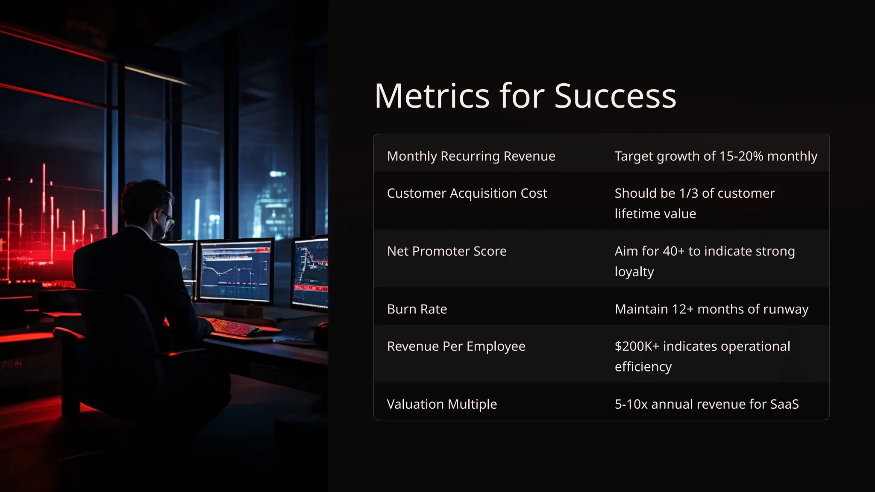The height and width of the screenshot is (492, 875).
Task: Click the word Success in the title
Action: click(615, 96)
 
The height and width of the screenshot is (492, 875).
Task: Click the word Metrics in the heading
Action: click(432, 96)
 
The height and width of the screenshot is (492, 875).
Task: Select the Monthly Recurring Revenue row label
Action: click(471, 156)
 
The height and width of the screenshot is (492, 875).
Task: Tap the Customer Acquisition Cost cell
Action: click(467, 193)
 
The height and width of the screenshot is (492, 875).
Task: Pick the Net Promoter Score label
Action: click(446, 251)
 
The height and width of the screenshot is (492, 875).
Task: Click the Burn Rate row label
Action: click(417, 309)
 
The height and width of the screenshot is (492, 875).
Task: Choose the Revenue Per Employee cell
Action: click(456, 346)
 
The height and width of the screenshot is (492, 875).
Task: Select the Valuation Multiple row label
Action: click(442, 404)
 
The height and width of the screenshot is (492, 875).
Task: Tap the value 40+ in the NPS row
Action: click(673, 251)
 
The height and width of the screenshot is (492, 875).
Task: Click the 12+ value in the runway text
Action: click(682, 309)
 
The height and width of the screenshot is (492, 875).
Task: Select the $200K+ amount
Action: click(637, 346)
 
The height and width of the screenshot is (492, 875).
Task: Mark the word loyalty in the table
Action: click(634, 272)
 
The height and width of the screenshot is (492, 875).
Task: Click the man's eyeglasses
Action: click(167, 220)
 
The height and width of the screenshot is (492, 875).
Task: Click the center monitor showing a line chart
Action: click(235, 271)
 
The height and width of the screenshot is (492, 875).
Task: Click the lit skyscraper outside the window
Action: click(273, 205)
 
